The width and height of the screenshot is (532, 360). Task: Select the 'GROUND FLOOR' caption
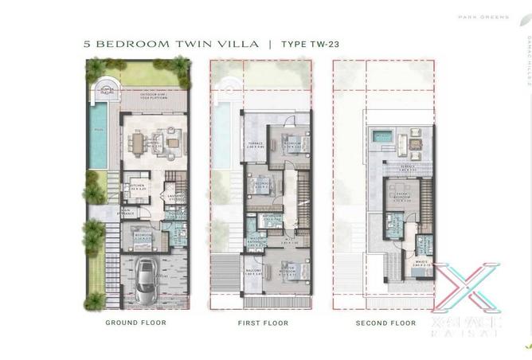tap(136, 323)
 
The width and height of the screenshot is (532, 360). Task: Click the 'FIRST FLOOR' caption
tap(263, 323)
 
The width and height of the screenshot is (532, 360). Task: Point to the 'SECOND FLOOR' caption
tap(385, 323)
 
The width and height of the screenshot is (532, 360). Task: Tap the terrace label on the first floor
tap(255, 146)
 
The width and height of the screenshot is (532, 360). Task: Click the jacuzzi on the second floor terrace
tap(382, 137)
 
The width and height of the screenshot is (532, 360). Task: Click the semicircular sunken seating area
tap(107, 94)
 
